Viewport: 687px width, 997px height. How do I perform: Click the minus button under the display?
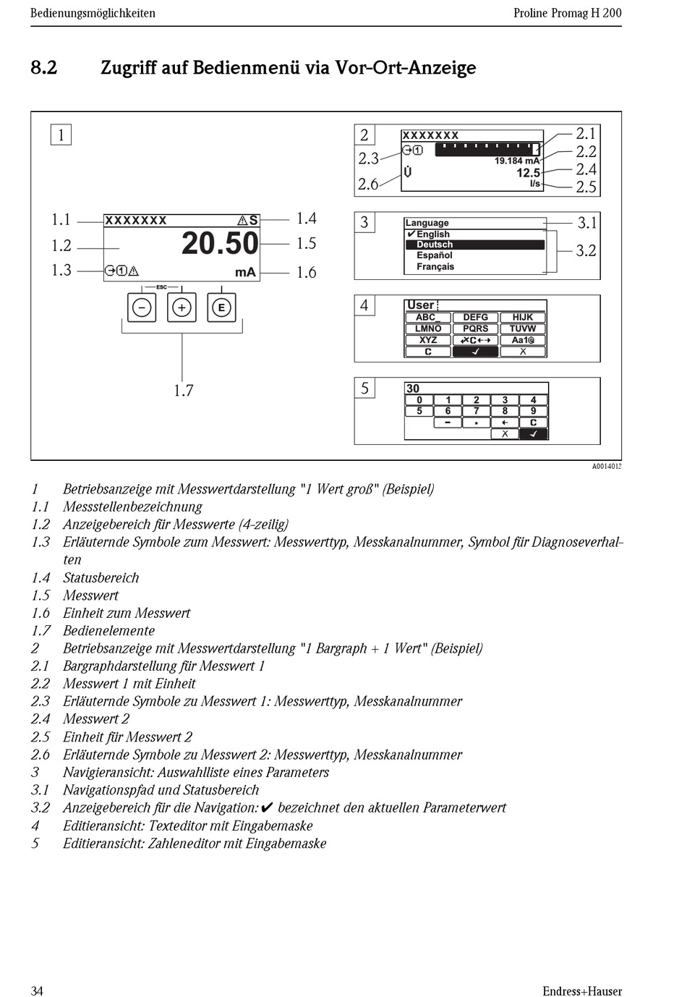(x=142, y=307)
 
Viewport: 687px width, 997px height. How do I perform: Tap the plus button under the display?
(x=182, y=307)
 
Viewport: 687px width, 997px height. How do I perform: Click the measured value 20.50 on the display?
(x=220, y=243)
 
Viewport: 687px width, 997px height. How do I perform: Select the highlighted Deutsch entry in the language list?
(x=435, y=245)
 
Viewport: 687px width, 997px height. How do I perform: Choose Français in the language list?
(x=435, y=266)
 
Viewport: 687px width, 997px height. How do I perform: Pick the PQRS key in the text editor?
(x=475, y=328)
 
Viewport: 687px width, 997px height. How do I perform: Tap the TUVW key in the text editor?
(x=522, y=328)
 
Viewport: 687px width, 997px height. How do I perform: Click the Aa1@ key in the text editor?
(x=522, y=340)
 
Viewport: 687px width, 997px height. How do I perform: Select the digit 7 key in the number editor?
(x=476, y=411)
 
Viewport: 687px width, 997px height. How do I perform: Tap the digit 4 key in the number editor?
(x=533, y=400)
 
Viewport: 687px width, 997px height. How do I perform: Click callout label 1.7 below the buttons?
(x=183, y=391)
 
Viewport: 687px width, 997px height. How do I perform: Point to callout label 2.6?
(x=368, y=184)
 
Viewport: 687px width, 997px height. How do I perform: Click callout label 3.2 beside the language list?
(x=586, y=250)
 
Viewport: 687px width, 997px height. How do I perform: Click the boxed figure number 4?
(x=364, y=305)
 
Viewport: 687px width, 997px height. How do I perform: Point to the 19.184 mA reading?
(x=516, y=161)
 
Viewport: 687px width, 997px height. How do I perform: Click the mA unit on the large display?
(x=245, y=272)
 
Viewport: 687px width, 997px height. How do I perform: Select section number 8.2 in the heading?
(x=43, y=68)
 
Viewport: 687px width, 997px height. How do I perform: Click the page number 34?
(x=37, y=990)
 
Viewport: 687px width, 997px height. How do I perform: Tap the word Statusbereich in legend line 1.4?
(x=101, y=577)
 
